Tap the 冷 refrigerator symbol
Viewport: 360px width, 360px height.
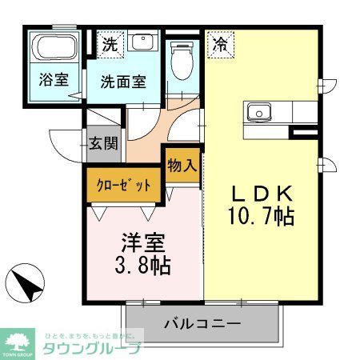point(218,45)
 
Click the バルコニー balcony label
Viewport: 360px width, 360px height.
point(202,326)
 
